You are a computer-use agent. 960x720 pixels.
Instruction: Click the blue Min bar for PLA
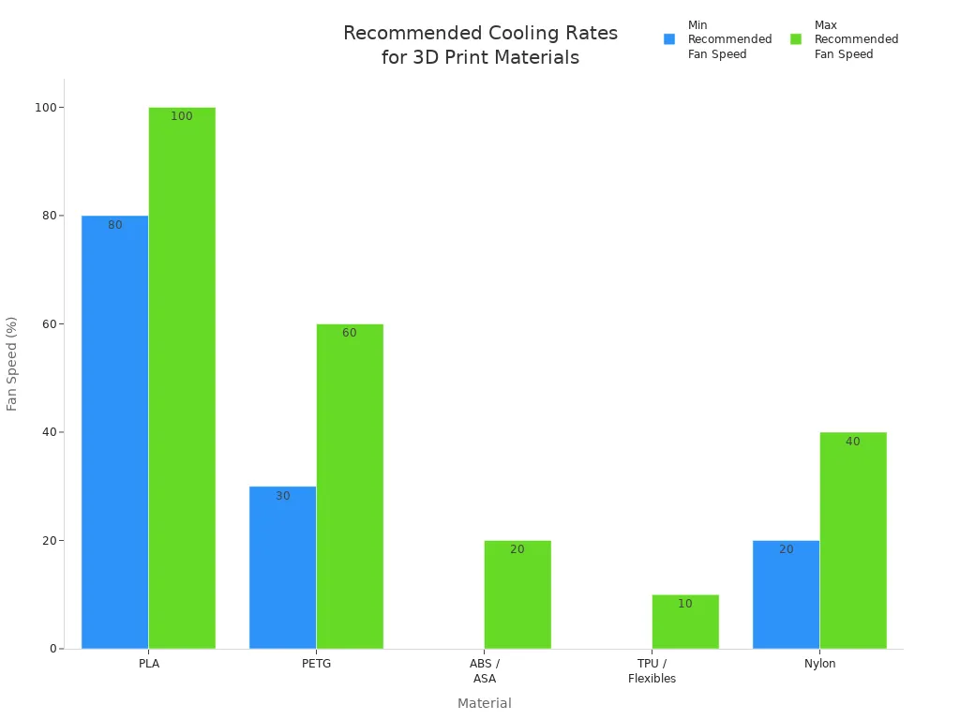(x=114, y=431)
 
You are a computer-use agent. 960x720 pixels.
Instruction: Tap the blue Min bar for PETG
(x=282, y=567)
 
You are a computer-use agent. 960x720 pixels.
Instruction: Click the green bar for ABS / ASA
(x=517, y=594)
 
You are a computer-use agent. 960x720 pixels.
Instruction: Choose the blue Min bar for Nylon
(x=786, y=594)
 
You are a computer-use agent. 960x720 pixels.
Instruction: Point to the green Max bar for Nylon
(x=853, y=540)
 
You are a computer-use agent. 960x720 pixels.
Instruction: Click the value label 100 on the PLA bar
(x=182, y=116)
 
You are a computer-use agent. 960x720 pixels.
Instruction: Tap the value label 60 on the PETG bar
(x=350, y=333)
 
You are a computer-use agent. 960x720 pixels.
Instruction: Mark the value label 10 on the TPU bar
(x=685, y=604)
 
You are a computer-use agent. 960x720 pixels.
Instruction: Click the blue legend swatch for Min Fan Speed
(x=669, y=39)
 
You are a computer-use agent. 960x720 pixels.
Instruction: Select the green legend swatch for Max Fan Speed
(x=796, y=39)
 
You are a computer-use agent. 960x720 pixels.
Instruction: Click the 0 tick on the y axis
(x=52, y=649)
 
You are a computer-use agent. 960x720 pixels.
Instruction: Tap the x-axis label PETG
(x=317, y=664)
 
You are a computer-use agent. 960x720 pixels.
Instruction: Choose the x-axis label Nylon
(x=820, y=664)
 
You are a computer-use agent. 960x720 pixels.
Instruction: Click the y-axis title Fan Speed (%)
(x=12, y=364)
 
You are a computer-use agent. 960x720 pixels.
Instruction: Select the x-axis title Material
(x=485, y=703)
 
